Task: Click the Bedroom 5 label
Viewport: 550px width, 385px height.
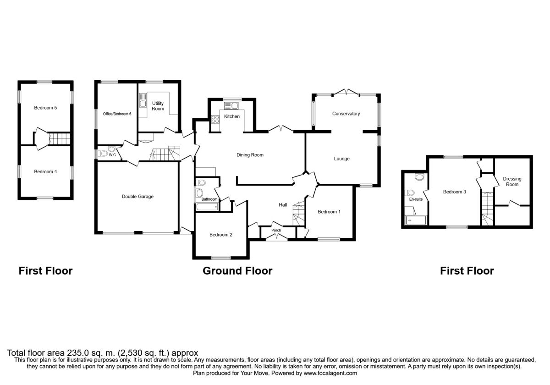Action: tap(45, 108)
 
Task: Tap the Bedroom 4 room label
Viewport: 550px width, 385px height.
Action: tap(45, 172)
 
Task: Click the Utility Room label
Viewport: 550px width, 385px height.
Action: tap(158, 106)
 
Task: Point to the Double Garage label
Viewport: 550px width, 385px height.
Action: tap(137, 197)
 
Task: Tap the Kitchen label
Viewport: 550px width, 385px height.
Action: tap(232, 117)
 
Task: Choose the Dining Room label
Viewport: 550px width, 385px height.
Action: tap(250, 155)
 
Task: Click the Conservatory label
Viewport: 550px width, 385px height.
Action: tap(346, 114)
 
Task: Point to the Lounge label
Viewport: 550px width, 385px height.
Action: tap(341, 159)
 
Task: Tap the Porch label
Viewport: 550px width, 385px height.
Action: tap(276, 230)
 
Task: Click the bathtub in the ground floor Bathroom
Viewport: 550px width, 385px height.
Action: tap(207, 207)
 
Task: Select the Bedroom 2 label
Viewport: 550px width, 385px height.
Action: tap(221, 235)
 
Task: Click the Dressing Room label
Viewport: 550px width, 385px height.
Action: tap(512, 181)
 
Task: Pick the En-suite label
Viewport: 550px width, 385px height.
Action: tap(416, 199)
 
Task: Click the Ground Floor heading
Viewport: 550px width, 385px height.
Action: tap(237, 271)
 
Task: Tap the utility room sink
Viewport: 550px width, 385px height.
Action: tap(143, 103)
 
